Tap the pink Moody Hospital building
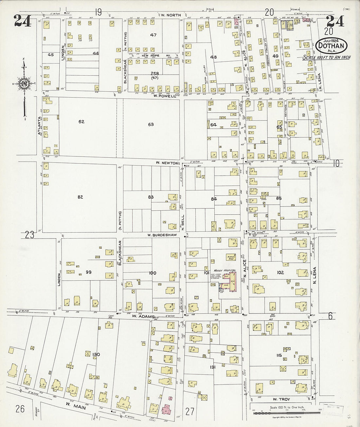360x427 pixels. click(233, 282)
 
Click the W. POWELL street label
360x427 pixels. click(162, 96)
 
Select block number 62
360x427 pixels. click(81, 122)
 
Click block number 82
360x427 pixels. click(80, 197)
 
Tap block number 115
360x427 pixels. click(279, 356)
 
